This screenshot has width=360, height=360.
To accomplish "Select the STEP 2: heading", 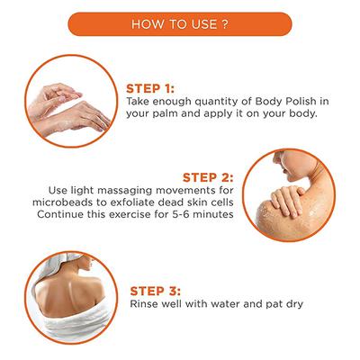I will [x=209, y=176].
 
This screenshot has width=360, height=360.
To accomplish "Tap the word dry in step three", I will [x=290, y=306].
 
